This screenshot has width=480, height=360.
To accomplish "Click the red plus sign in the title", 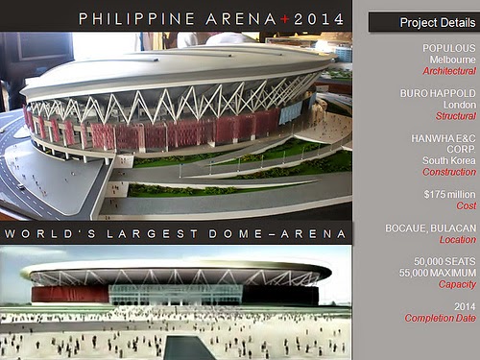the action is click(x=285, y=19).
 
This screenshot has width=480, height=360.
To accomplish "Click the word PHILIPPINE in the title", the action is click(x=136, y=19).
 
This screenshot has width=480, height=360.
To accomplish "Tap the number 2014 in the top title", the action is click(x=319, y=19).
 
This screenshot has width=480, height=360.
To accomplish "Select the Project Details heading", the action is click(x=438, y=22).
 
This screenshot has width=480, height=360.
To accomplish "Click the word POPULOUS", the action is click(x=449, y=48).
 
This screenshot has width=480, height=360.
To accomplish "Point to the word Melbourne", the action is click(x=452, y=60).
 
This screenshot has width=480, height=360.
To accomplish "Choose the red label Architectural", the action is click(x=449, y=71).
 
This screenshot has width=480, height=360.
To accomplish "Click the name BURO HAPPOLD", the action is click(x=438, y=93).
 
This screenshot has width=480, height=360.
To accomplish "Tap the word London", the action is click(x=460, y=105).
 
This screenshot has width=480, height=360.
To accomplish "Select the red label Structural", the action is click(x=456, y=116).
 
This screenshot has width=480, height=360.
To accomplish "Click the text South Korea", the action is click(x=449, y=160).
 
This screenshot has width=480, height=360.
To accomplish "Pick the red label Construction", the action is click(x=449, y=172).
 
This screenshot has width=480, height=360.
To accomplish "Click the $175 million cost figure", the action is click(x=449, y=195).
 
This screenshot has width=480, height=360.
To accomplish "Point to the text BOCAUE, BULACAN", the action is click(x=431, y=228).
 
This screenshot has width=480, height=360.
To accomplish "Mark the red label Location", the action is click(x=458, y=240).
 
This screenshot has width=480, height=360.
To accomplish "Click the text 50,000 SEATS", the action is click(x=444, y=262).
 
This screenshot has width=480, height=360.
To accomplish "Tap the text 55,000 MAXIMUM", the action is click(x=438, y=273).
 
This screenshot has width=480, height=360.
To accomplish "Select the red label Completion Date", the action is click(x=441, y=318).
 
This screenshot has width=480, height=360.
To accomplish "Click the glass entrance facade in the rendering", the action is click(x=176, y=295).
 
